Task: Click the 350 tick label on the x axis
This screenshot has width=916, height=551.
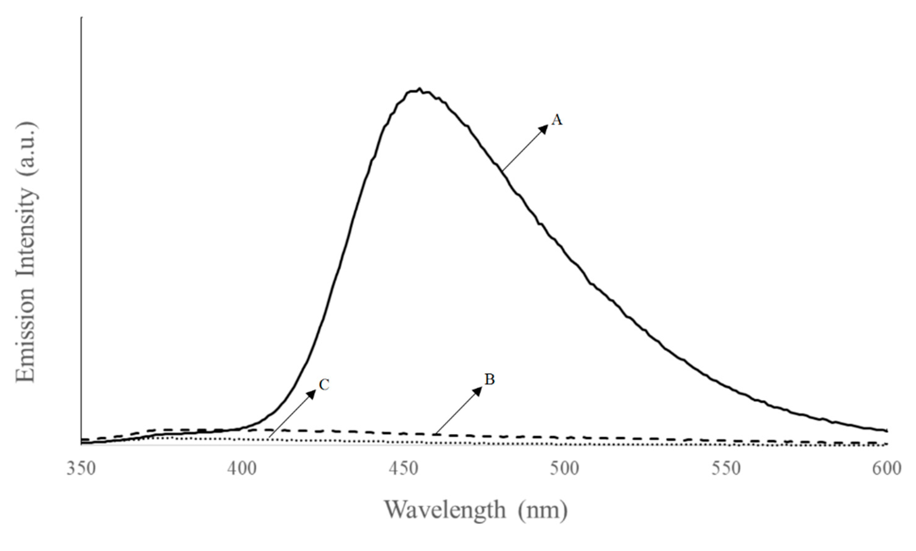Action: [x=81, y=469]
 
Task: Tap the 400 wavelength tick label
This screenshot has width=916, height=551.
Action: [x=242, y=469]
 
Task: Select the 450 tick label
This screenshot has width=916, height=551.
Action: [x=403, y=469]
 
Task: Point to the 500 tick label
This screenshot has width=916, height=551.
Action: [x=564, y=469]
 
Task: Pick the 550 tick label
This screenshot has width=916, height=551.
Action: [x=726, y=469]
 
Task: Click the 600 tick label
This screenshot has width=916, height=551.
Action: [x=887, y=469]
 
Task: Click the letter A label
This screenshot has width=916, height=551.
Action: [x=557, y=120]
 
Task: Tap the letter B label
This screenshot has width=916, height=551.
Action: [x=490, y=380]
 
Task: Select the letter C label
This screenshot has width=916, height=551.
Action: [x=324, y=385]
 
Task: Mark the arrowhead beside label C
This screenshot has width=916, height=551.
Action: [x=312, y=394]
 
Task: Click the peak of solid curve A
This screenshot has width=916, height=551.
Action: [x=419, y=90]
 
